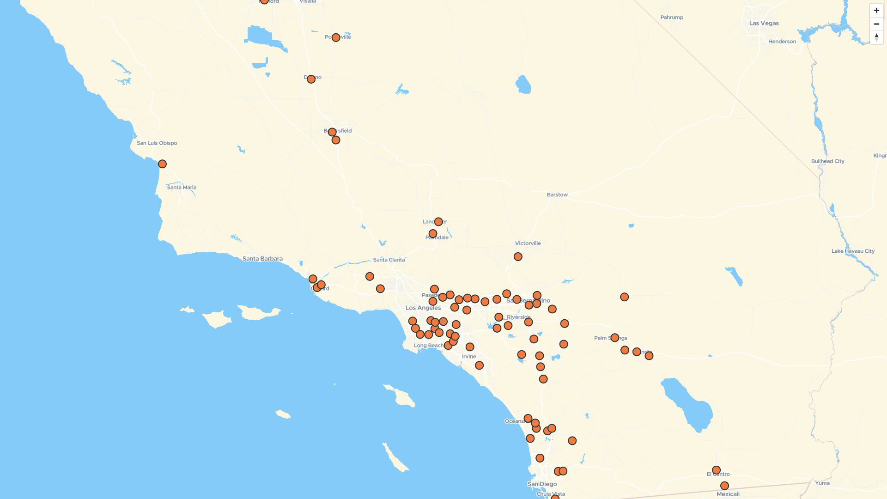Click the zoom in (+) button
[x=876, y=11]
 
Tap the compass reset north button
[x=876, y=37]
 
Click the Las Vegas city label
[x=764, y=23]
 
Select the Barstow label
[x=557, y=195]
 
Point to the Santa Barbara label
[x=262, y=259]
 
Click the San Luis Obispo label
[x=157, y=143]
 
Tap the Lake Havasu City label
[x=853, y=251]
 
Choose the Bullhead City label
[x=827, y=161]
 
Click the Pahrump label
[x=672, y=18]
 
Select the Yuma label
[x=822, y=483]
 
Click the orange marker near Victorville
[x=518, y=257]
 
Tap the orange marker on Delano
[x=311, y=79]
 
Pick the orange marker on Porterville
[x=336, y=38]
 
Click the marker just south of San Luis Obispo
[x=162, y=164]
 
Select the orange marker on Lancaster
[x=438, y=222]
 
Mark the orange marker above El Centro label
[x=716, y=470]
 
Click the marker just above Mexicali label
[x=724, y=486]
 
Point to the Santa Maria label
[x=182, y=188]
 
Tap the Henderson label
[x=782, y=42]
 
